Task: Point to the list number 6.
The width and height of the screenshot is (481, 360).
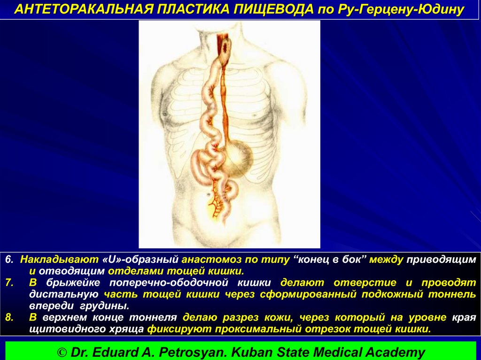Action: (9, 260)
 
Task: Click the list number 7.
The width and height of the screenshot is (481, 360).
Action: (9, 283)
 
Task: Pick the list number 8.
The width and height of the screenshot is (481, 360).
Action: (9, 318)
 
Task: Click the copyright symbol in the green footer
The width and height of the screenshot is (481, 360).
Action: (63, 352)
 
